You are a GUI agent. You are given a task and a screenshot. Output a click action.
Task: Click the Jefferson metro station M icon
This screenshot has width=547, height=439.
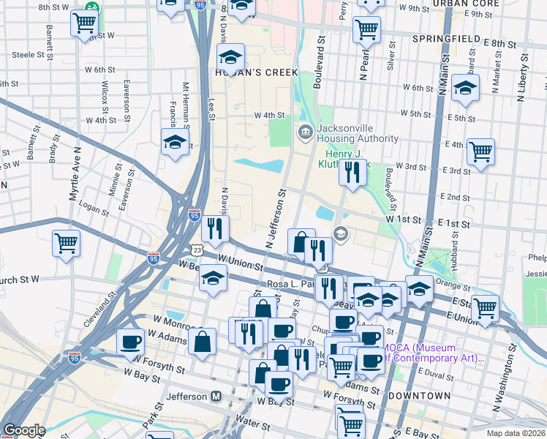coord(216,396)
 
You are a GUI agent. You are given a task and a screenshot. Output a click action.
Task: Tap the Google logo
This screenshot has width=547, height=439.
coord(24,430)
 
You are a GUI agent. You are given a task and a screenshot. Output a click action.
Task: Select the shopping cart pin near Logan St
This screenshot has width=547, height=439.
coord(66,241)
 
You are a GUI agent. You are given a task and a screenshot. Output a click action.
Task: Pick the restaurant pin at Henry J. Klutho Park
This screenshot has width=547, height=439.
coord(352,172)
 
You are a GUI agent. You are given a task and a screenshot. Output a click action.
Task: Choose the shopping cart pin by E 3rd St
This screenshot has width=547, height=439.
coord(480,152)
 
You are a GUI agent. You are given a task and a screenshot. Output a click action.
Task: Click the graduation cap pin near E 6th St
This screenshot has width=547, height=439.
coord(465,88)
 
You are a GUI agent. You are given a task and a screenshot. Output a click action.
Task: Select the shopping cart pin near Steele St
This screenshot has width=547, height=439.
coord(85,23)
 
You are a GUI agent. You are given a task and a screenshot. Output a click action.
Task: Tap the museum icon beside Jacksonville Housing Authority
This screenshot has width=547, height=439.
coord(305,132)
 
